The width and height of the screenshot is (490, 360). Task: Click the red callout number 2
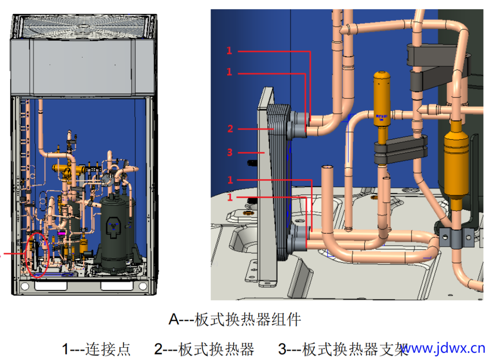[230, 129]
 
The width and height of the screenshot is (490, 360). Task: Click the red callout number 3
[230, 152]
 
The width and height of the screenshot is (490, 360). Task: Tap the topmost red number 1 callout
[230, 51]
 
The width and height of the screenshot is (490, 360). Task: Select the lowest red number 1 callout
[230, 198]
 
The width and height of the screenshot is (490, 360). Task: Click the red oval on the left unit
[37, 254]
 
